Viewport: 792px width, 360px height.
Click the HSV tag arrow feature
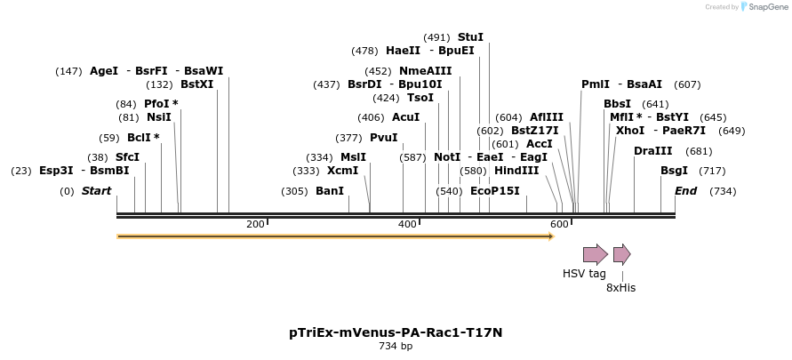point(595,254)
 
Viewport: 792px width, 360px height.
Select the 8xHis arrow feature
point(621,254)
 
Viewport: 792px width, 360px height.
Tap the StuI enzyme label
point(470,37)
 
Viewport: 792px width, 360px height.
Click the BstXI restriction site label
point(196,84)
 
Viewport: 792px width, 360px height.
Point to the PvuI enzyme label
point(383,138)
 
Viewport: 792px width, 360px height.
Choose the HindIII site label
point(516,171)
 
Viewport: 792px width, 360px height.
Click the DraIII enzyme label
point(652,151)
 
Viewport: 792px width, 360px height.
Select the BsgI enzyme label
point(674,171)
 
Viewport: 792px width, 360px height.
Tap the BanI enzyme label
point(330,191)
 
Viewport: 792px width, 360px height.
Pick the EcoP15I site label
point(494,191)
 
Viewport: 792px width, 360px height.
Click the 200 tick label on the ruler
point(255,224)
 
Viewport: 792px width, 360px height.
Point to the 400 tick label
point(407,224)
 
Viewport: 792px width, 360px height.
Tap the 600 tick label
point(559,224)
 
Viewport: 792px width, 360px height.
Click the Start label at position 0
point(96,191)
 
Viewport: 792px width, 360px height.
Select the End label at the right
point(685,191)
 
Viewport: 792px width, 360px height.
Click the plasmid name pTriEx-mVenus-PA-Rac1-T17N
point(396,332)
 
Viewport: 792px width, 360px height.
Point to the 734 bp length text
point(396,346)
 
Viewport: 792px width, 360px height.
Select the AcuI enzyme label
point(405,117)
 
